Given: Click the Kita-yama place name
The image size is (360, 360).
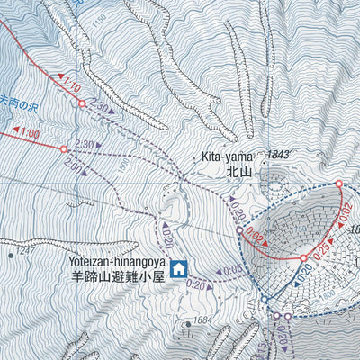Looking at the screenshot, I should (x=226, y=157).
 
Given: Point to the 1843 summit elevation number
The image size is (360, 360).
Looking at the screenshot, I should (x=279, y=156).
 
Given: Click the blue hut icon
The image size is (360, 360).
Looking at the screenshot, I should (x=178, y=267).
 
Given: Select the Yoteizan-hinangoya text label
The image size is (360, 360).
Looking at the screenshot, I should (x=113, y=263).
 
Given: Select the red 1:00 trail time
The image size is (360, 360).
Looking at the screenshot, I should (x=28, y=133).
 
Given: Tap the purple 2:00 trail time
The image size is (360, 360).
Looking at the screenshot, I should (x=76, y=168).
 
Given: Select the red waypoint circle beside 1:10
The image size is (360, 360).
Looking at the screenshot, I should (x=82, y=104).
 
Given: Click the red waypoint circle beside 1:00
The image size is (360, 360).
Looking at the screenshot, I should (x=63, y=148).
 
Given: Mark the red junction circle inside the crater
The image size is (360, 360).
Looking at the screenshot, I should (x=304, y=259).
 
